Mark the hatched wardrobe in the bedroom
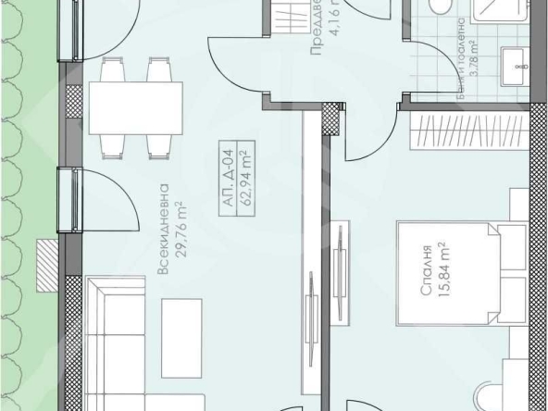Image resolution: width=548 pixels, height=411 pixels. tap(467, 131)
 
